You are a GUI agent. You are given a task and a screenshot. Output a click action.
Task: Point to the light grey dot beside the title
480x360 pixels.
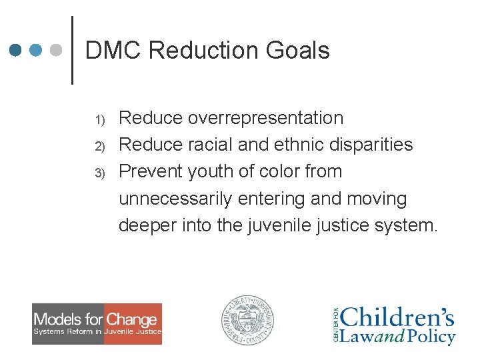click(x=57, y=50)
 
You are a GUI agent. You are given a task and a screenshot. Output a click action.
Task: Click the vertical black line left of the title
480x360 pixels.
click(x=71, y=50)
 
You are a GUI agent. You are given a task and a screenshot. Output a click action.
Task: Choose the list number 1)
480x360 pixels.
click(x=100, y=120)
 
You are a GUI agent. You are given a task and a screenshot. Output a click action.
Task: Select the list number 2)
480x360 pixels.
click(x=100, y=146)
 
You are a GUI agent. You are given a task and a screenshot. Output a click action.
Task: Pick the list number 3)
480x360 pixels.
click(x=100, y=173)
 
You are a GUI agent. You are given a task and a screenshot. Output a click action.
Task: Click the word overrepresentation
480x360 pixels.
click(x=266, y=118)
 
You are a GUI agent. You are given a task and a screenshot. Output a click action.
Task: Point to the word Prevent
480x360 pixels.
click(x=151, y=171)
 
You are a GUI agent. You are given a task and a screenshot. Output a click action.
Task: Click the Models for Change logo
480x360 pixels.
click(x=97, y=324)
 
